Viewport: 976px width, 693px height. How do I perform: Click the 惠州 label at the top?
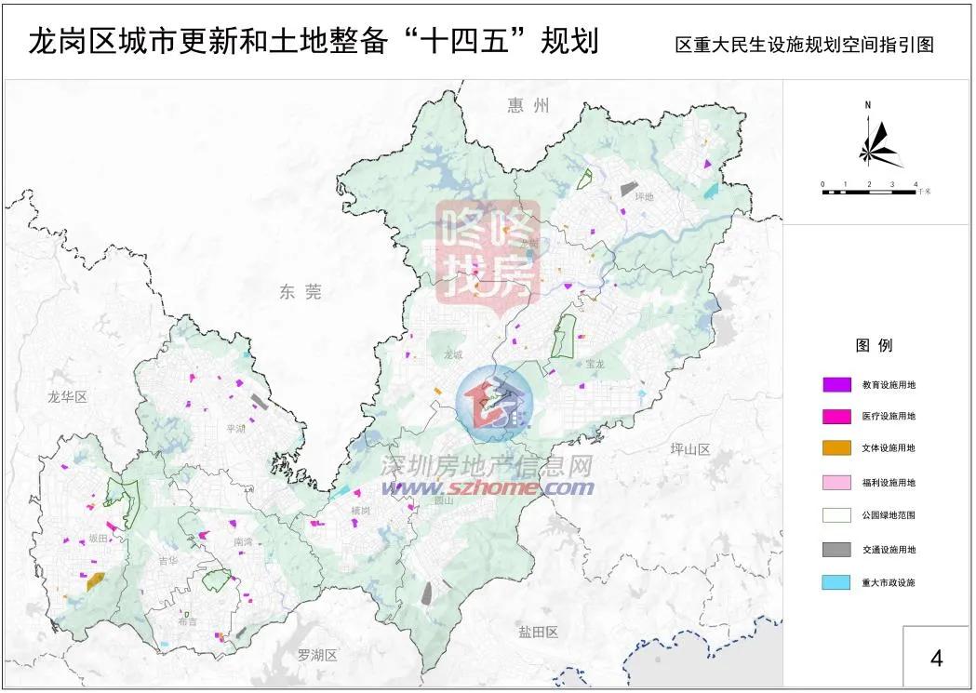coord(528,105)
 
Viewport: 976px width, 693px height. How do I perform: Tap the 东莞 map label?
coord(300,292)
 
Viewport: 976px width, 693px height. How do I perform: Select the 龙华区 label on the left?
coord(66,397)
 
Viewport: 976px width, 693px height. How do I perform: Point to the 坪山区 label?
coord(689,449)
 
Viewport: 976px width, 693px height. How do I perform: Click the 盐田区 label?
coord(538,633)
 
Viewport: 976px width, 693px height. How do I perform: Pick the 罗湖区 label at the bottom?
coord(316,656)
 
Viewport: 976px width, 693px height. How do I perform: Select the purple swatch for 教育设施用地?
coord(837,383)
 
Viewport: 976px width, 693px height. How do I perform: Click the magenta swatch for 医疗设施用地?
coord(837,416)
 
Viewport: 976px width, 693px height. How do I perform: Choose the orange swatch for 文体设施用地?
coord(837,448)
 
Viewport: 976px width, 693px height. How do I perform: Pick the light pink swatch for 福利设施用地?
coord(837,482)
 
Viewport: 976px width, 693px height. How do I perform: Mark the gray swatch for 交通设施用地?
coord(837,549)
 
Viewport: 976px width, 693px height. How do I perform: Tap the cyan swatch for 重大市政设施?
coord(837,582)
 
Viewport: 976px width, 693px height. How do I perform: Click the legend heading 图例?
coord(874,345)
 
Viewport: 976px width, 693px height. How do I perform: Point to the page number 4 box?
coord(937,657)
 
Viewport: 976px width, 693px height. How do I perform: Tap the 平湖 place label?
coord(235,429)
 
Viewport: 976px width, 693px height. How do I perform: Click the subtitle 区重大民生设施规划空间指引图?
coord(804,45)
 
